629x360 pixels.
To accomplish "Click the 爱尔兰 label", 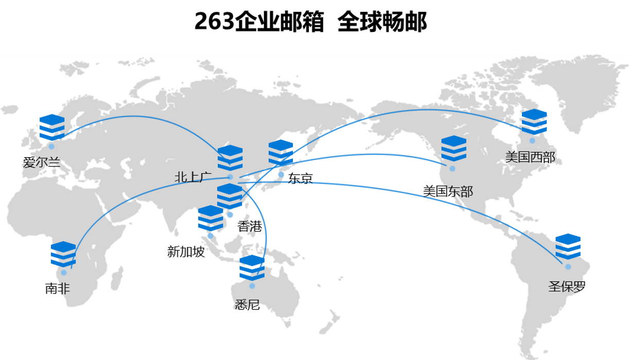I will (42, 162).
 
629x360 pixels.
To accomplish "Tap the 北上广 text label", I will (193, 178).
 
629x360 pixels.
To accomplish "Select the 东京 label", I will (301, 179).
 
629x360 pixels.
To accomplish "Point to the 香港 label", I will (250, 226).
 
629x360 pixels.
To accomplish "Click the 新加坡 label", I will (186, 252).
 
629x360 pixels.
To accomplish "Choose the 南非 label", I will (58, 288).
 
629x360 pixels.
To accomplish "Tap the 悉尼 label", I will (248, 305).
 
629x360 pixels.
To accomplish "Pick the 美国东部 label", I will (448, 192).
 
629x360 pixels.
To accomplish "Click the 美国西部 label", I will (530, 157).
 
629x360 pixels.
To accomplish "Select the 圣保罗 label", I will (567, 287).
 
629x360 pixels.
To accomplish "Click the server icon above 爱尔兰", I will (52, 127).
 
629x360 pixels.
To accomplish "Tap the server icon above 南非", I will (63, 254).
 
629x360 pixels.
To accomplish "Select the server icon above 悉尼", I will (252, 268).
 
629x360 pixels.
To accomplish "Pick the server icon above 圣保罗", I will (568, 247).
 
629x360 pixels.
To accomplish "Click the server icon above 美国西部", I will (534, 122).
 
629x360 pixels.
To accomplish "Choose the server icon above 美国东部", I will (453, 149).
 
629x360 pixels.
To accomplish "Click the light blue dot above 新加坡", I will (211, 236).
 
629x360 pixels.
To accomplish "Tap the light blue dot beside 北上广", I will (230, 177).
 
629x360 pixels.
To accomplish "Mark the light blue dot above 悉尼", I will (252, 286).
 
